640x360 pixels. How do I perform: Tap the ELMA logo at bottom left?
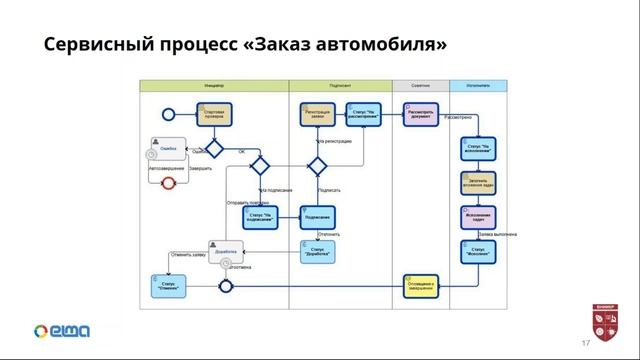62,331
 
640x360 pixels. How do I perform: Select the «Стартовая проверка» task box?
213,113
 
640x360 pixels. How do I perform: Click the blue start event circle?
168,114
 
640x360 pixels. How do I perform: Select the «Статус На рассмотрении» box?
363,114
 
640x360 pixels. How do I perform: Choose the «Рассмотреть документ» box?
420,113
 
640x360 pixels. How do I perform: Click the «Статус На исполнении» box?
477,149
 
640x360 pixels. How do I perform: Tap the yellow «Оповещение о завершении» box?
421,285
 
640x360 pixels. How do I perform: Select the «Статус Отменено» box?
169,285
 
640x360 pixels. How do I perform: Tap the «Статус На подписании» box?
260,217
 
